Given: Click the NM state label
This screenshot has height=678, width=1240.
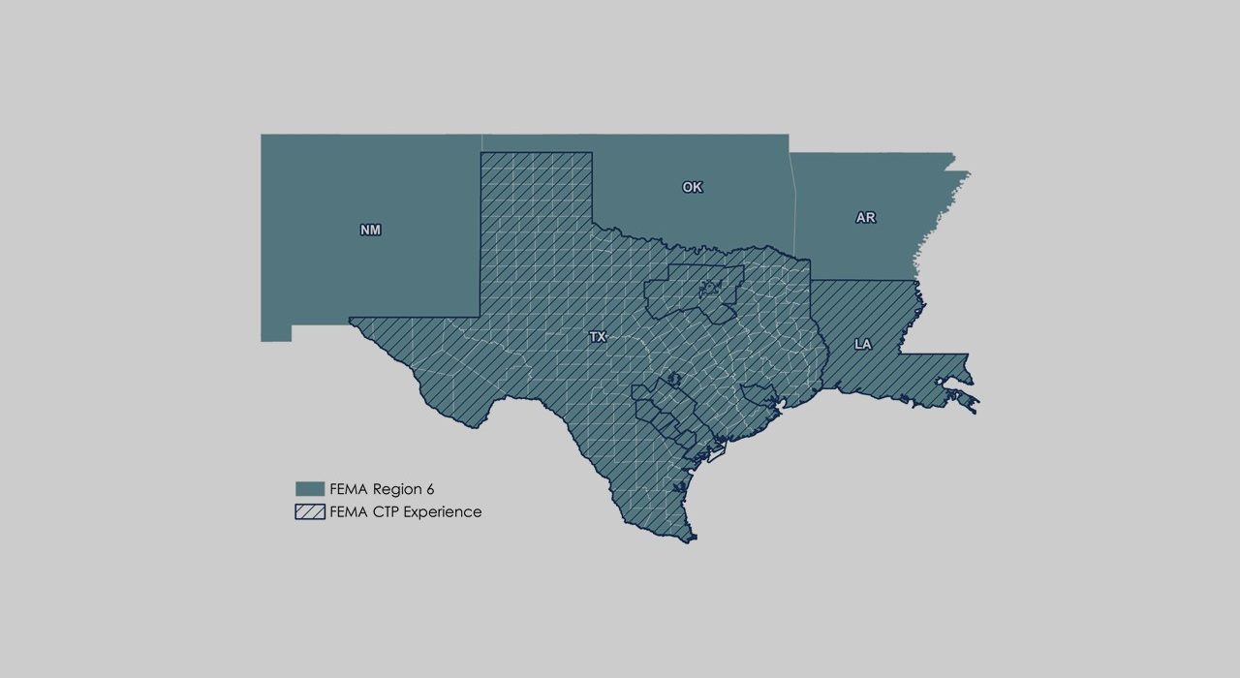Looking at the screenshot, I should click(x=370, y=231).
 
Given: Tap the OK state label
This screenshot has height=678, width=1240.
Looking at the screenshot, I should click(x=692, y=187).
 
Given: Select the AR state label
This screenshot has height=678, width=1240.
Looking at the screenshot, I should click(x=865, y=218).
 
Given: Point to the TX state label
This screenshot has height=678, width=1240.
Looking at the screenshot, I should click(x=598, y=337).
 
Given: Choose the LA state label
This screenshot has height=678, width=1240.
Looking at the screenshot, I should click(x=862, y=344).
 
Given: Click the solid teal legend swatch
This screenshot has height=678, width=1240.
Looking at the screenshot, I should click(x=309, y=489).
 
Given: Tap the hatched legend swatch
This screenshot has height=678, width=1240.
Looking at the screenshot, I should click(x=309, y=511).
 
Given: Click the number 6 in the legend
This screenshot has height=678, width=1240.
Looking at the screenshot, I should click(x=429, y=489).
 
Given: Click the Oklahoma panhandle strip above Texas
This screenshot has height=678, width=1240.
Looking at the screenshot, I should click(x=538, y=142).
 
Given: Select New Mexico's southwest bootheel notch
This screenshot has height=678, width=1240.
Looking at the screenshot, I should click(x=276, y=333).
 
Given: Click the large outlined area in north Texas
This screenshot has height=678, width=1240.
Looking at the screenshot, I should click(x=693, y=291).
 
